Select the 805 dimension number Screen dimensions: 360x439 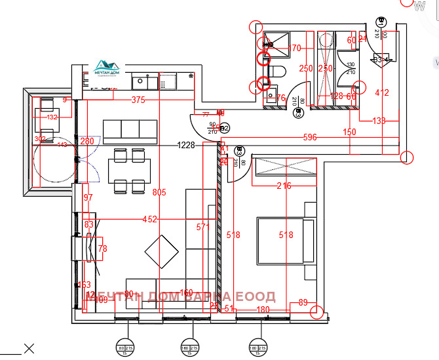tap(158, 193)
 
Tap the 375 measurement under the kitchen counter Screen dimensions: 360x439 tap(138, 100)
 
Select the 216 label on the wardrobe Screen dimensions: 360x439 tap(284, 186)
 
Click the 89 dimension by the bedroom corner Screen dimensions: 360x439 tap(302, 302)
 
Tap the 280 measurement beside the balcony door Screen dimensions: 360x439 tap(87, 141)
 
